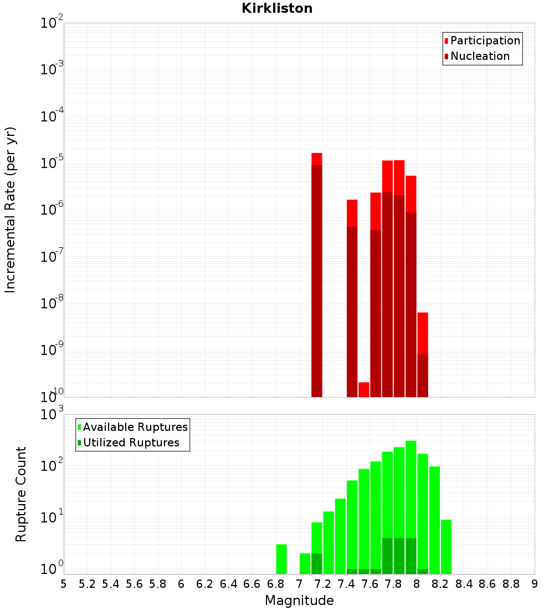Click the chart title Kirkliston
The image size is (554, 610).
pos(277,8)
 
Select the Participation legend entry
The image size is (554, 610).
pos(485,40)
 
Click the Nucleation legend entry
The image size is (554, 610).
pos(479,56)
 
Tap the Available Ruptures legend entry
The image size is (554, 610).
pos(135,427)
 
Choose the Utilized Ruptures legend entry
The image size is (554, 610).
pos(131,443)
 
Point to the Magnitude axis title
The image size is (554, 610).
pos(299,601)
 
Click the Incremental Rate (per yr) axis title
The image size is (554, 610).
pos(11,210)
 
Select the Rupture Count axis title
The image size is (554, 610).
pos(21,494)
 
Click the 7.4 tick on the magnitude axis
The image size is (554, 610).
pos(346,584)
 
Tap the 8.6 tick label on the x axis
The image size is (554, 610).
pos(488,584)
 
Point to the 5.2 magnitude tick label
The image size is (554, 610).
pos(88,584)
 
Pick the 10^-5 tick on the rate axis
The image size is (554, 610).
pos(52,163)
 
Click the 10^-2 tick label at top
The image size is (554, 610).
pos(52,23)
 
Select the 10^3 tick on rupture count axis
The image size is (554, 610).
pos(52,415)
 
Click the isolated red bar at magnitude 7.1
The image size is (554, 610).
pos(317,277)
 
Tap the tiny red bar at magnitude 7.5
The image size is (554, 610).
pos(364,389)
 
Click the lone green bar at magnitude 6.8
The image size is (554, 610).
pos(281,559)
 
